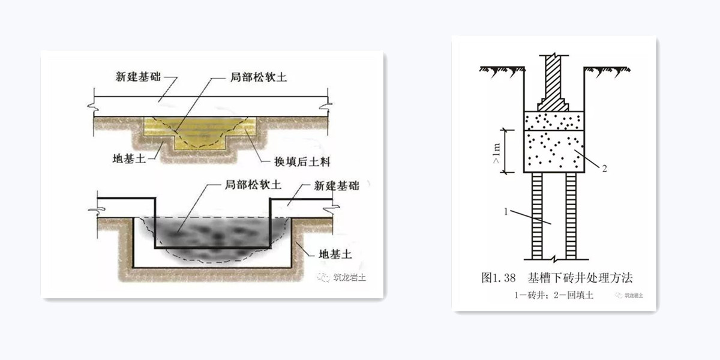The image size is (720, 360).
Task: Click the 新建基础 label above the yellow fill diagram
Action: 138,77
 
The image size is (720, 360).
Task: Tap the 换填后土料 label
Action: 302,161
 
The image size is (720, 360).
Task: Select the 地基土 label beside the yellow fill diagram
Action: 129,158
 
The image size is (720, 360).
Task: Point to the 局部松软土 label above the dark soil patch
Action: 253,185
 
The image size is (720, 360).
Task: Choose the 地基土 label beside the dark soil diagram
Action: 335,254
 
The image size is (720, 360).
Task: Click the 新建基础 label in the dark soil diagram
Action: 337,186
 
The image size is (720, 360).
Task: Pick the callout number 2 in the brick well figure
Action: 604,169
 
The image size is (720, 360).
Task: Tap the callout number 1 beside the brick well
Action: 506,212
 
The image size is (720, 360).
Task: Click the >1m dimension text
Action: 497,153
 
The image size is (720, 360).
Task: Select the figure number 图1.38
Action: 498,278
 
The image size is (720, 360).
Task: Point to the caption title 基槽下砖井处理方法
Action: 580,278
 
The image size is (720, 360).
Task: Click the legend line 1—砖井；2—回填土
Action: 553,295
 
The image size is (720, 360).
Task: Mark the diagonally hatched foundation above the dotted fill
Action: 553,83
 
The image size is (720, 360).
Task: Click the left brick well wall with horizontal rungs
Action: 537,215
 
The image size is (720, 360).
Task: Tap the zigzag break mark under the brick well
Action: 554,259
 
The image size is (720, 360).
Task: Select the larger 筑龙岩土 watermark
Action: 341,277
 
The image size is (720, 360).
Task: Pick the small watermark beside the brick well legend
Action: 629,295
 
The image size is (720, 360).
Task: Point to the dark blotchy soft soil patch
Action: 212,236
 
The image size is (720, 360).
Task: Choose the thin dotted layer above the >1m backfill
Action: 554,121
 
